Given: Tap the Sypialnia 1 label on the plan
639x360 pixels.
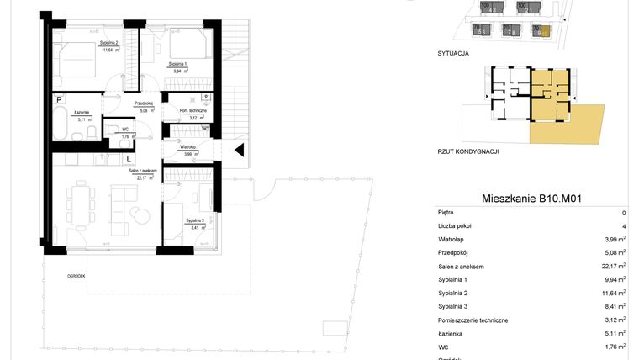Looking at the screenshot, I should coord(177,64).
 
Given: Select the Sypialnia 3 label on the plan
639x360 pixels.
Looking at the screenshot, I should coord(193,220).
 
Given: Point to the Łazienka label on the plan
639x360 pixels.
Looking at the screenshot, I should coord(82,112).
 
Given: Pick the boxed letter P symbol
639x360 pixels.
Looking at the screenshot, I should coord(59,99).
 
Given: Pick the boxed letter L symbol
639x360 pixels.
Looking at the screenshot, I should coord(129,157).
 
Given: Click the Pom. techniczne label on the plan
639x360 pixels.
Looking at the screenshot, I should coord(182,110).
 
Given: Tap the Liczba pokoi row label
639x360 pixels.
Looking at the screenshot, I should coord(455,227).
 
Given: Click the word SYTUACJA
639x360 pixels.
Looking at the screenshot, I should coord(453,52).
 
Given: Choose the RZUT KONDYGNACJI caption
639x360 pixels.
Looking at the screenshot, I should coord(468,151).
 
